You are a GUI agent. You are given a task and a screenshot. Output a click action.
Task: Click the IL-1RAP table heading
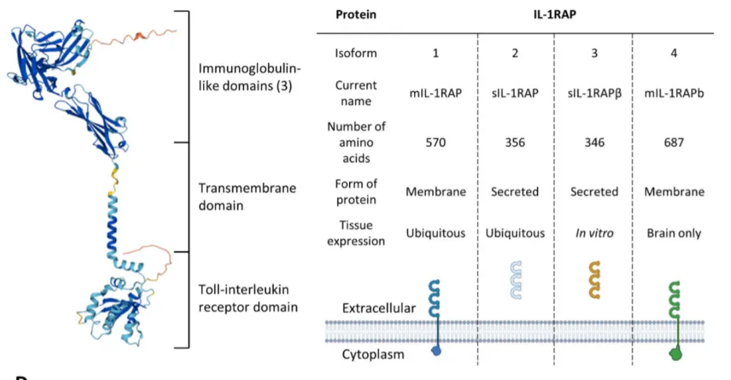(x=555, y=14)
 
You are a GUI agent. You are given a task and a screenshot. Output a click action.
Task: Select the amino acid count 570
(x=435, y=143)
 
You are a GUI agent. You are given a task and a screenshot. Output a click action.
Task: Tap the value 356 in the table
(x=515, y=143)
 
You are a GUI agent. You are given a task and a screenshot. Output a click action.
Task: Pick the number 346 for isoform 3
(x=595, y=143)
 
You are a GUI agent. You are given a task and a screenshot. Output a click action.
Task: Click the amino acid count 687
(x=674, y=143)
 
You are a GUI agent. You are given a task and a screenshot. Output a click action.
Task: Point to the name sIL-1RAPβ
(x=595, y=93)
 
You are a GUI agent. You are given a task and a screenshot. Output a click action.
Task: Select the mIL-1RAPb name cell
(x=674, y=93)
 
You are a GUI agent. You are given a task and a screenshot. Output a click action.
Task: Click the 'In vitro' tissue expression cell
(x=595, y=233)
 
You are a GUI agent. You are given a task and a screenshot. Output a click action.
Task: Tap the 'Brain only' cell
(x=674, y=233)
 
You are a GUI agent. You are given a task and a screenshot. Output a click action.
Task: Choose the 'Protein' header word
(x=356, y=14)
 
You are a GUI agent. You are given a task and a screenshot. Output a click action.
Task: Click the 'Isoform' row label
(x=356, y=53)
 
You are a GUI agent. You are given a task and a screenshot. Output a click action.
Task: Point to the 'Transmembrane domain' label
(x=247, y=197)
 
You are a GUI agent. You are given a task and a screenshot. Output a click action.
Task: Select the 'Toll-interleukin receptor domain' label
(x=248, y=298)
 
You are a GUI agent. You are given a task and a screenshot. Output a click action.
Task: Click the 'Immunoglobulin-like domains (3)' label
(x=249, y=78)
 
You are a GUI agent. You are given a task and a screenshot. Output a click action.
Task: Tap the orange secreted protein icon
(x=595, y=280)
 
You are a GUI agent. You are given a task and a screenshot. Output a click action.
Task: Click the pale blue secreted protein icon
(x=515, y=280)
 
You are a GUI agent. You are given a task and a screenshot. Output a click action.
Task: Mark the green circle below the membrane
(x=675, y=355)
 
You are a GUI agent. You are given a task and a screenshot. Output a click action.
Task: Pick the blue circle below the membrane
(x=436, y=351)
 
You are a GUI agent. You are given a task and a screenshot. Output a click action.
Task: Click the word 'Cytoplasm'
(x=373, y=354)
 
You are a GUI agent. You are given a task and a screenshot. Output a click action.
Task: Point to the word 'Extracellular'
(x=379, y=308)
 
